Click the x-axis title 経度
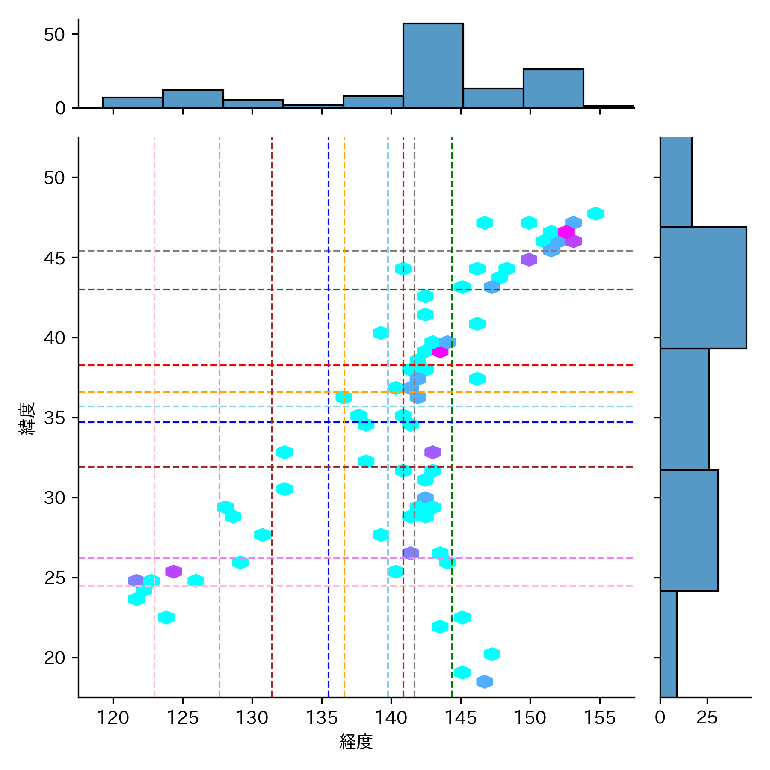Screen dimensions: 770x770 pyautogui.click(x=356, y=742)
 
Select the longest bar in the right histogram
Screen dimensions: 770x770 pyautogui.click(x=703, y=288)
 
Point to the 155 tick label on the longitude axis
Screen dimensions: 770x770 pyautogui.click(x=599, y=718)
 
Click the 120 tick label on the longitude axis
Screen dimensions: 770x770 pyautogui.click(x=113, y=718)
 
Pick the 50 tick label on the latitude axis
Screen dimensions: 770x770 pyautogui.click(x=54, y=178)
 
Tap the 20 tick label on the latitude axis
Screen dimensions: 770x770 pyautogui.click(x=54, y=658)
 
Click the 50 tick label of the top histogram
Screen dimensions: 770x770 pyautogui.click(x=54, y=35)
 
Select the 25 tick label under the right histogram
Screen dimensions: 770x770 pyautogui.click(x=707, y=718)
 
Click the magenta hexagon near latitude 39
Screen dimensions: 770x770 pyautogui.click(x=440, y=352)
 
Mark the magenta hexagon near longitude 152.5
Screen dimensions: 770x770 pyautogui.click(x=566, y=232)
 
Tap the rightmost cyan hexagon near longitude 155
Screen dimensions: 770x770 pyautogui.click(x=595, y=213)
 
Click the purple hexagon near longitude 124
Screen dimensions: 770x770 pyautogui.click(x=174, y=571)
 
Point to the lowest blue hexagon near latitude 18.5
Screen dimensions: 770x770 pyautogui.click(x=484, y=681)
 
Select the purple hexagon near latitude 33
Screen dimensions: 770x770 pyautogui.click(x=432, y=452)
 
